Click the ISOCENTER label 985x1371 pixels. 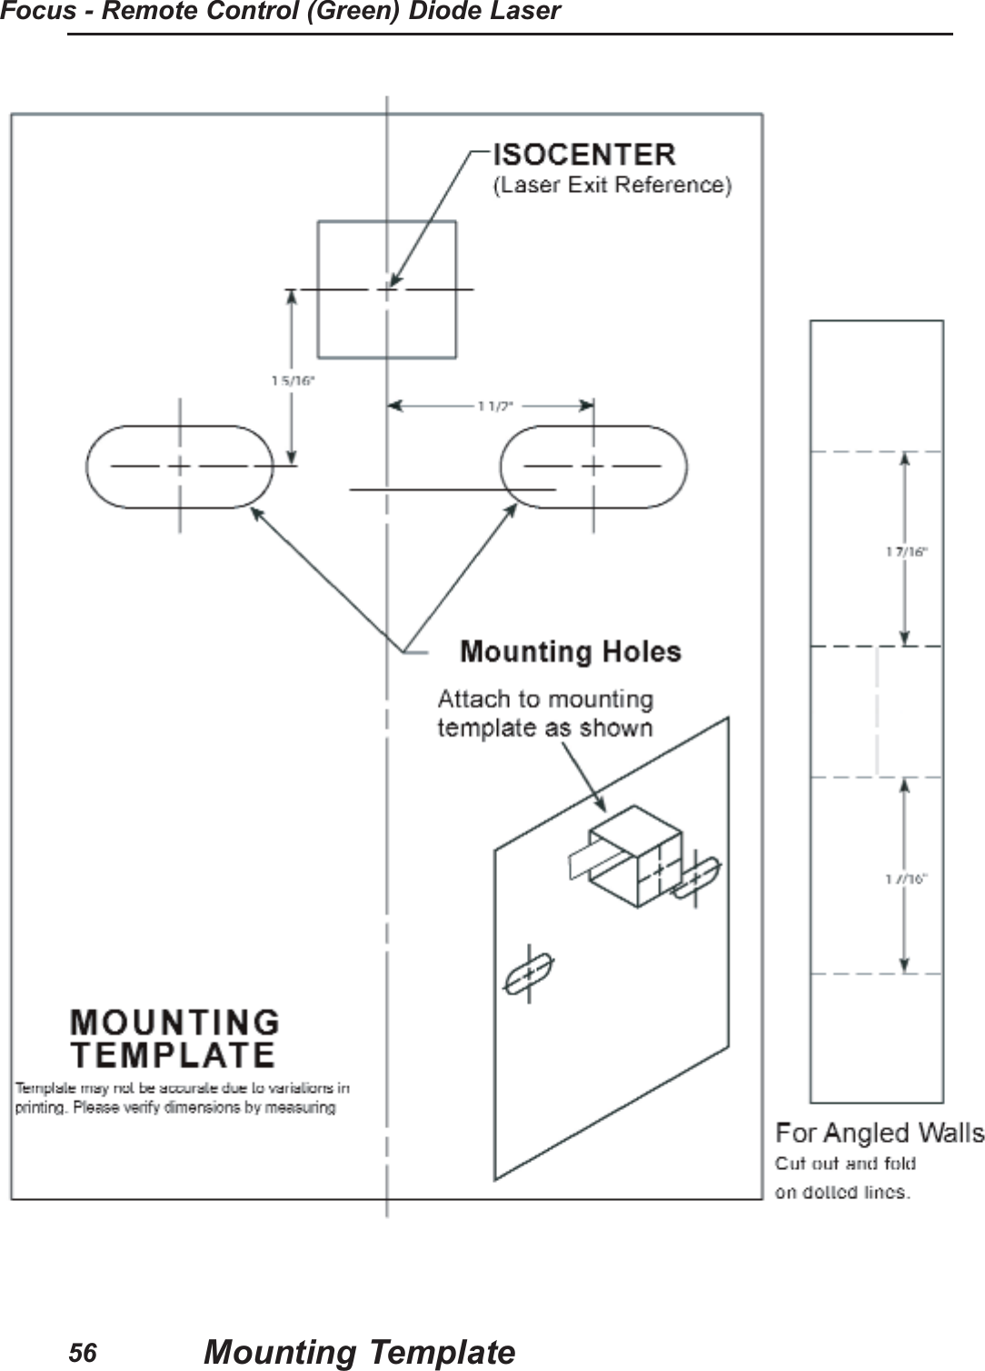coord(583,155)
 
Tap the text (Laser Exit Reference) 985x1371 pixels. coord(612,185)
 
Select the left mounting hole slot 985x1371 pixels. coord(179,466)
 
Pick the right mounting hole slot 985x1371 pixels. coord(593,466)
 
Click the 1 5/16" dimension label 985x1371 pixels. coord(293,382)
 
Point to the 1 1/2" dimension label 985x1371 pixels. coord(495,406)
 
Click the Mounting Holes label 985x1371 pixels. coord(570,652)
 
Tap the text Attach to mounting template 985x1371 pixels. coord(545,713)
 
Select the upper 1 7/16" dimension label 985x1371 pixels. coord(906,551)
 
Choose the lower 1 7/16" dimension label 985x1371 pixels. coord(906,878)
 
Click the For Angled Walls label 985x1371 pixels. coord(879,1134)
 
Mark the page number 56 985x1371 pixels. coord(83,1354)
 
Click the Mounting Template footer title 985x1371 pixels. coord(359,1353)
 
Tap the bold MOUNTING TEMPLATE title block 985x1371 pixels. coord(174,1038)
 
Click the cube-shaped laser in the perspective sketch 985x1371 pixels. coord(635,857)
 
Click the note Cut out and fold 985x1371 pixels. coord(845,1164)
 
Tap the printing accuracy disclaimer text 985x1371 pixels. coord(182,1097)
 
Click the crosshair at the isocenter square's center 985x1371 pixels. coord(388,289)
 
